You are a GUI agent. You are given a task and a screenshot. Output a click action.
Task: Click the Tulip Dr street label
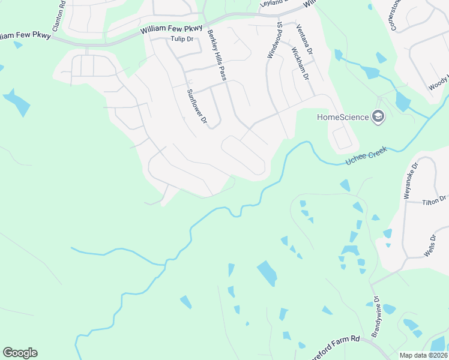(181, 40)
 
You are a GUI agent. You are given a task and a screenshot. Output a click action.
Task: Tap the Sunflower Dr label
(196, 107)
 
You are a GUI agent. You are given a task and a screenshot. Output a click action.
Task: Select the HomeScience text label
(343, 116)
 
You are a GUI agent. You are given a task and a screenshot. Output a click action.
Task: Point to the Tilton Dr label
(435, 200)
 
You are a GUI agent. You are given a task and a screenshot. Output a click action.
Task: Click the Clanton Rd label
(58, 16)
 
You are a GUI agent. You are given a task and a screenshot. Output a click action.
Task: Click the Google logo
(20, 353)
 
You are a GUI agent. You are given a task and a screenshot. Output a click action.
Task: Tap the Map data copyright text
(423, 355)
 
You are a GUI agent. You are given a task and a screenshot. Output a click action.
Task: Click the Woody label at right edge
(439, 85)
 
